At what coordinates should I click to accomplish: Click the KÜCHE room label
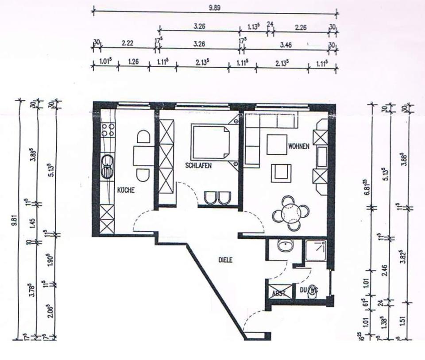click(126, 191)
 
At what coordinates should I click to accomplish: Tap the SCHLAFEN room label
click(197, 166)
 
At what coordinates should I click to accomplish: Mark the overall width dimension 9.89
click(215, 8)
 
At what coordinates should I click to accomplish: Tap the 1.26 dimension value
click(133, 62)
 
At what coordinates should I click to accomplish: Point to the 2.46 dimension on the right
click(384, 268)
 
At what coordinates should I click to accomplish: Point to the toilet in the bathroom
click(313, 291)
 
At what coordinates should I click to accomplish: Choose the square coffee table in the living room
click(277, 144)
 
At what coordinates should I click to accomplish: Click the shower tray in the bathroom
click(316, 251)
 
